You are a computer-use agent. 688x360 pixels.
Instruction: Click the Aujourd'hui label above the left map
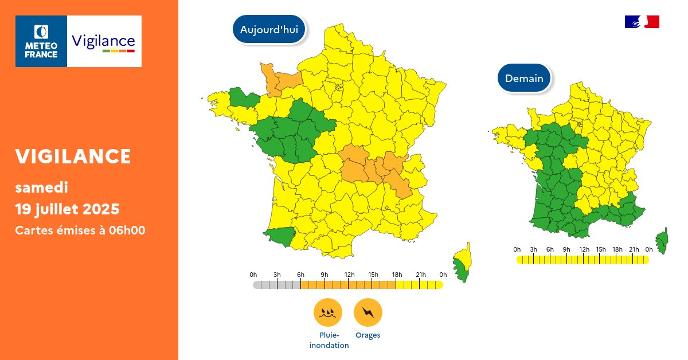pos(269,30)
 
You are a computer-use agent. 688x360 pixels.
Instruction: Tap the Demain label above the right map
pos(524,78)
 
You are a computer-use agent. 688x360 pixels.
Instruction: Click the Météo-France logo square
pos(41,41)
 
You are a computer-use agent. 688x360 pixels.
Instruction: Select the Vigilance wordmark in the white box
pos(103,41)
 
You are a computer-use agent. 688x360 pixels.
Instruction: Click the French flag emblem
pos(642,22)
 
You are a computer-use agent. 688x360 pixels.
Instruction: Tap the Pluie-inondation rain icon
pos(327,312)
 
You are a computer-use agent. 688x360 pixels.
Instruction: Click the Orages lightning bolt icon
pos(368,312)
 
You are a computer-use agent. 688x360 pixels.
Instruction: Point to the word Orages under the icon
pos(368,335)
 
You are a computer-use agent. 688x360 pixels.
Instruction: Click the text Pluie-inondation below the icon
pos(329,341)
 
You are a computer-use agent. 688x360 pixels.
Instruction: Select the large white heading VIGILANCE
pos(73,156)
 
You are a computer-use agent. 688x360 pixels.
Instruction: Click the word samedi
pos(41,187)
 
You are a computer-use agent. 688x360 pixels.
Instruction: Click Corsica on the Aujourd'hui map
pos(462,265)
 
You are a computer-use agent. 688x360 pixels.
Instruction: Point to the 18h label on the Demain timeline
pos(617,249)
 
